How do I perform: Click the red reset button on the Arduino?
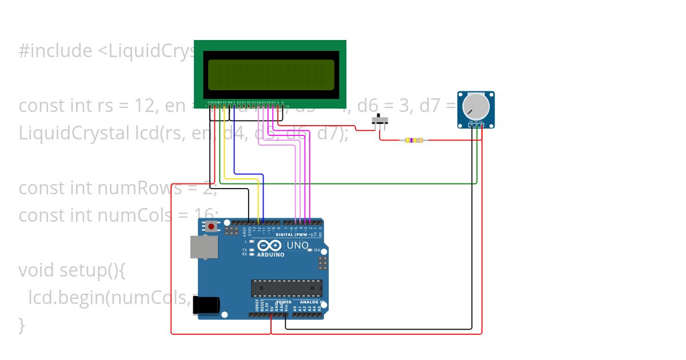[212, 227]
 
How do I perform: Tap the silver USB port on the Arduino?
[204, 247]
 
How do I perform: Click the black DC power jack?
[205, 305]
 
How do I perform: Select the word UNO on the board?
[297, 246]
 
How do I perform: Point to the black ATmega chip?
[286, 288]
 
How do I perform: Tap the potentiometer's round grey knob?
[476, 106]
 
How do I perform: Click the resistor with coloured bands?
[413, 140]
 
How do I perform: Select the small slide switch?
[380, 121]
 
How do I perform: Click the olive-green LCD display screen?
[270, 75]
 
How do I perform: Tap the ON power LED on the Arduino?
[310, 250]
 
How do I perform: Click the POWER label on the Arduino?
[284, 302]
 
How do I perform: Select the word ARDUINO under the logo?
[270, 255]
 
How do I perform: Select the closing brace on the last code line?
[22, 325]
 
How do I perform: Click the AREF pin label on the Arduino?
[244, 231]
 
